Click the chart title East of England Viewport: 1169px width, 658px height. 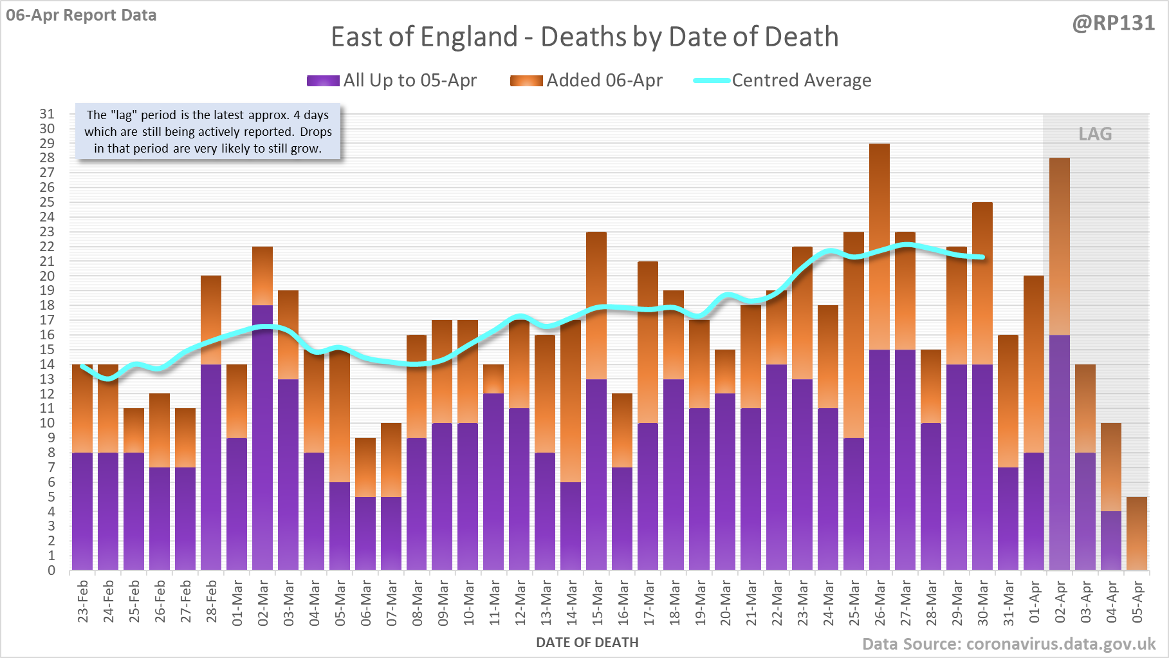[584, 37]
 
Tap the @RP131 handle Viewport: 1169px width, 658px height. [1113, 23]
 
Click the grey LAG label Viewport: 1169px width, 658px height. [1095, 134]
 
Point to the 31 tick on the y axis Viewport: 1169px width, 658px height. [47, 114]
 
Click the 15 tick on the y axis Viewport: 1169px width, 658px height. [47, 350]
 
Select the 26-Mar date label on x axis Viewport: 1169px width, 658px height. [879, 603]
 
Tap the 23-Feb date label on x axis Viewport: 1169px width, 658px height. [83, 601]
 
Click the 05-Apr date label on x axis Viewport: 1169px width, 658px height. [1137, 601]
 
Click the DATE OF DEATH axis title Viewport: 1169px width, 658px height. [587, 643]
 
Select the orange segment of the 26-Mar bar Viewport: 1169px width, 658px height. [879, 245]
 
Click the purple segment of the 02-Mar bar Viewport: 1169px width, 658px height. [262, 438]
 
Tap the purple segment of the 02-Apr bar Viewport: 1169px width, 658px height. [1060, 451]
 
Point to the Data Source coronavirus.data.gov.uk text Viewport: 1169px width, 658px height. [1008, 644]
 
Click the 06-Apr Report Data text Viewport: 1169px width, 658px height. [81, 15]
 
